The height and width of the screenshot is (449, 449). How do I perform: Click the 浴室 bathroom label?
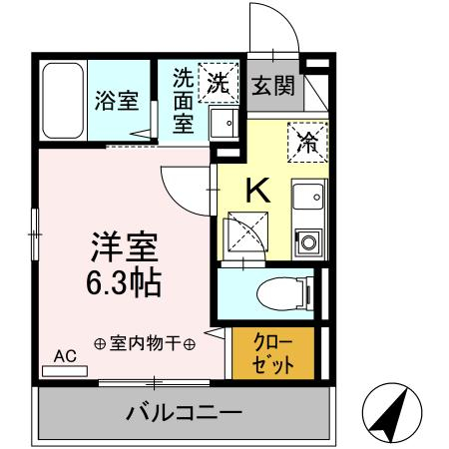(x=116, y=101)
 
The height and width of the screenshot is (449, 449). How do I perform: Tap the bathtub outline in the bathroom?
(x=65, y=102)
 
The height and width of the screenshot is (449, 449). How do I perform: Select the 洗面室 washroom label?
(x=183, y=101)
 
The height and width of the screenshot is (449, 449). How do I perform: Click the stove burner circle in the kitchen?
(x=307, y=240)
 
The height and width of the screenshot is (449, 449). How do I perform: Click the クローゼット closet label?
(x=272, y=351)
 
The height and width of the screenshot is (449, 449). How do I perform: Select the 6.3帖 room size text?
(x=125, y=284)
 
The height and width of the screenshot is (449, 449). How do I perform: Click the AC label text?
(x=65, y=355)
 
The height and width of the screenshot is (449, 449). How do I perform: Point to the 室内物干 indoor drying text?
(x=146, y=343)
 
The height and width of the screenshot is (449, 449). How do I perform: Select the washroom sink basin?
(x=225, y=124)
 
